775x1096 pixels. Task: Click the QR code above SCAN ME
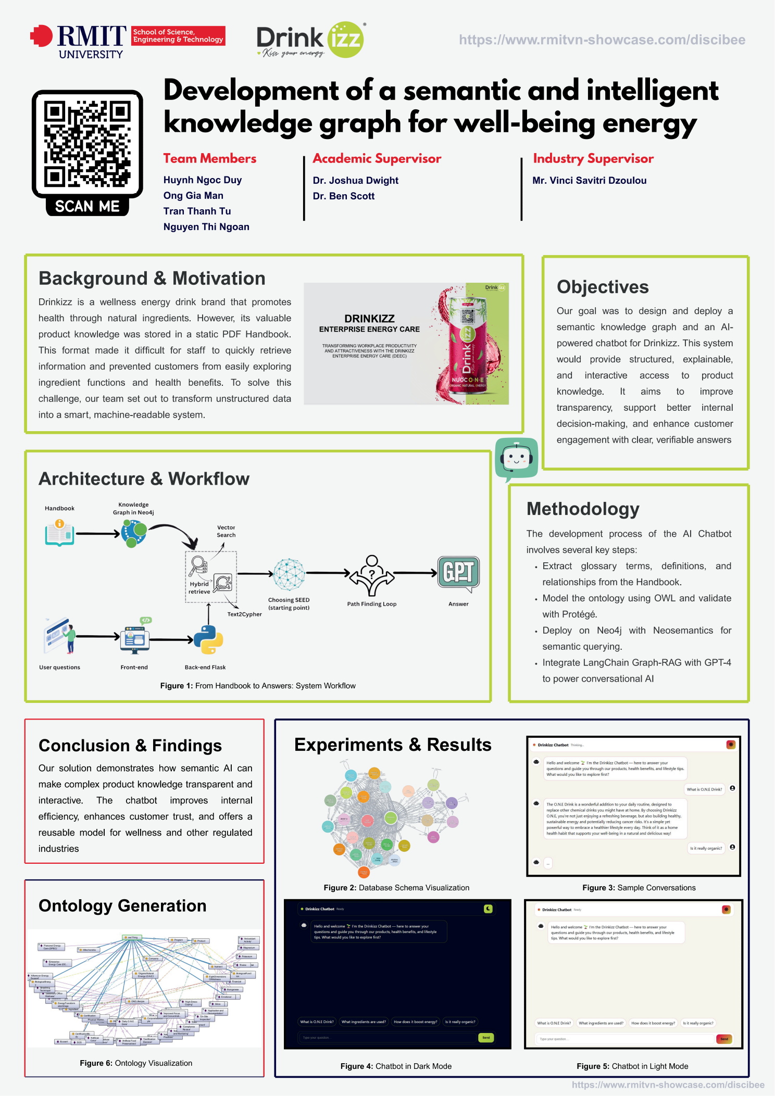click(x=87, y=144)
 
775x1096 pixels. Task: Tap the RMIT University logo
click(x=78, y=42)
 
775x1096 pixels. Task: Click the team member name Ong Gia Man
click(x=193, y=196)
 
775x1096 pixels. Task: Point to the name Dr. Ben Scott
click(x=344, y=196)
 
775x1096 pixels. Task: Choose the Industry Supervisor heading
click(x=593, y=159)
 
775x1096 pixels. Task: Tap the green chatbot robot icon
click(x=516, y=458)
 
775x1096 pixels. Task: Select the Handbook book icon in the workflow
click(x=59, y=533)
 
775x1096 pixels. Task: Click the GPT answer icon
click(x=458, y=573)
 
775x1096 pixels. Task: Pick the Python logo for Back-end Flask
click(x=208, y=639)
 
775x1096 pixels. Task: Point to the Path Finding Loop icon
click(x=371, y=575)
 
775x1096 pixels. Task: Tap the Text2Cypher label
click(x=244, y=614)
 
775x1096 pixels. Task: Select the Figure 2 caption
click(x=396, y=888)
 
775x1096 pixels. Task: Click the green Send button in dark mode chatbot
click(x=485, y=1038)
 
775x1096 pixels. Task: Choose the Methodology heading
click(x=583, y=509)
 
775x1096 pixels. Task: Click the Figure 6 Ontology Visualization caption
click(x=136, y=1063)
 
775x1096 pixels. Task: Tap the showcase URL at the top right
click(x=602, y=40)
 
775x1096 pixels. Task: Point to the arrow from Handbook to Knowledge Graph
click(x=97, y=534)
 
